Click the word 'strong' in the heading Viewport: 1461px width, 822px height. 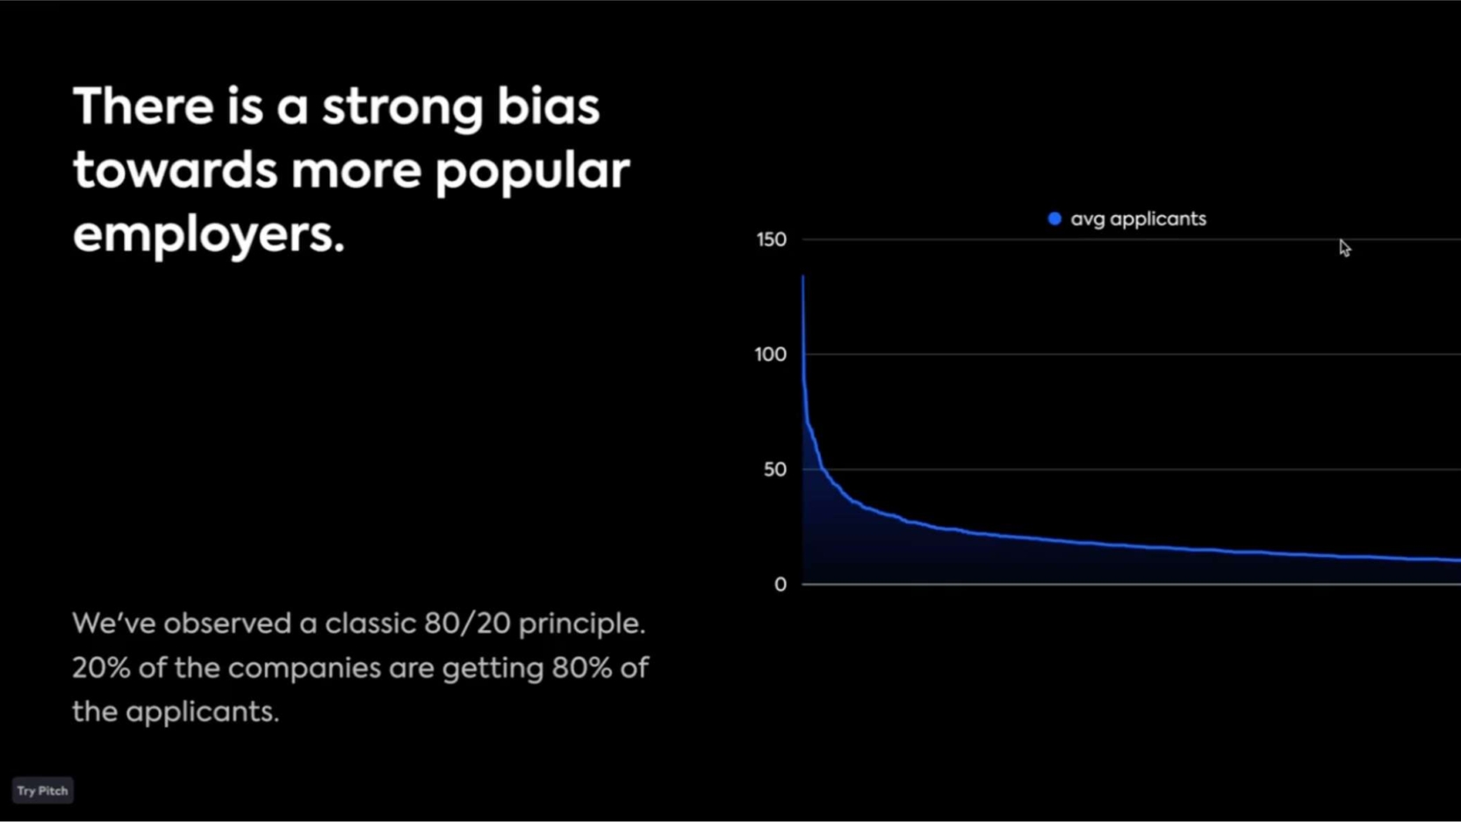(401, 107)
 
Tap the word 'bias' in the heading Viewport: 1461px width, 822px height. (548, 107)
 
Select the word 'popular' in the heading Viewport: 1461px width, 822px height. (532, 170)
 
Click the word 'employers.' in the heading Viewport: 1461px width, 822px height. (208, 234)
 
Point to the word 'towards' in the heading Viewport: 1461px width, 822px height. (175, 170)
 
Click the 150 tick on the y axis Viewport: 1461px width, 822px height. (771, 240)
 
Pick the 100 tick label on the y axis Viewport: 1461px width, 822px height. (770, 355)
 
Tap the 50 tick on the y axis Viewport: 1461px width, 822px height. (774, 470)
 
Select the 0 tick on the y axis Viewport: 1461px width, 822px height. (780, 585)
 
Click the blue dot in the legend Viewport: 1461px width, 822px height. (1054, 219)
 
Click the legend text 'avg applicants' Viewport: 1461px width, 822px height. (1138, 220)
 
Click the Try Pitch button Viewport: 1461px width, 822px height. (42, 790)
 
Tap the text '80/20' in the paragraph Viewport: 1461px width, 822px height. (466, 624)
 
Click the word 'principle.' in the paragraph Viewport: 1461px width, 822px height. (581, 624)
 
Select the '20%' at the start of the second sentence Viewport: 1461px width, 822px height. (100, 668)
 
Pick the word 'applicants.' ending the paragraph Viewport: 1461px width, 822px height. (201, 711)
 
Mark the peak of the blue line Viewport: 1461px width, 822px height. (802, 277)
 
